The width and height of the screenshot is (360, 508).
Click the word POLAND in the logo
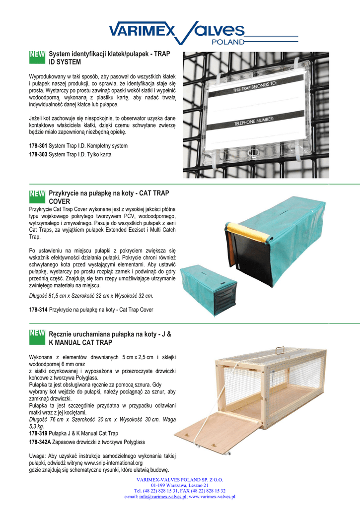228,42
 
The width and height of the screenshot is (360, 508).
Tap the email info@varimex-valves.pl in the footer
162,497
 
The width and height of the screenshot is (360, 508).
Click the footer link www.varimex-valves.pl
212,497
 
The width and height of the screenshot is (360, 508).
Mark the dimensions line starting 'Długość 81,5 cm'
91,296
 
